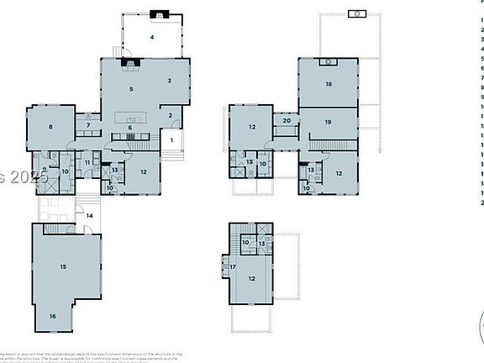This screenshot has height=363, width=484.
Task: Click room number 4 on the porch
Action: pos(152,38)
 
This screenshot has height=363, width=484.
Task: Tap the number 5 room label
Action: pos(131,88)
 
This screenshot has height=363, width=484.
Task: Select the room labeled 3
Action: pos(169,81)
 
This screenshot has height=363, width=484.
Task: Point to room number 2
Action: pos(169,115)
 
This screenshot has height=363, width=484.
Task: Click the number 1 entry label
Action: pos(172,139)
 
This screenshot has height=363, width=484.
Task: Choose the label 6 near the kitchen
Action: pos(130,128)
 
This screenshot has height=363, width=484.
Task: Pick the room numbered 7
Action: pos(87,126)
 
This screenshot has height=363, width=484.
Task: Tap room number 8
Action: pos(50,127)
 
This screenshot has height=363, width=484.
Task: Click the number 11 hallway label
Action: pos(87,161)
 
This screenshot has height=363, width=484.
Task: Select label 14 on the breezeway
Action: pos(90,216)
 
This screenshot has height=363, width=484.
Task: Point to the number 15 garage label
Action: pos(63,266)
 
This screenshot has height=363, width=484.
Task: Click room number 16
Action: pos(51,316)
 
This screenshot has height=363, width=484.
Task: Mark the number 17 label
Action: pos(233,266)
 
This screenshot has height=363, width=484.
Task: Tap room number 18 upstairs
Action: pos(329,85)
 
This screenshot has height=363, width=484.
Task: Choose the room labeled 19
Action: pos(328,123)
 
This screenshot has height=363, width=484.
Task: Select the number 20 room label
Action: pos(287,121)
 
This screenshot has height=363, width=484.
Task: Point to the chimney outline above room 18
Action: pos(358,13)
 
